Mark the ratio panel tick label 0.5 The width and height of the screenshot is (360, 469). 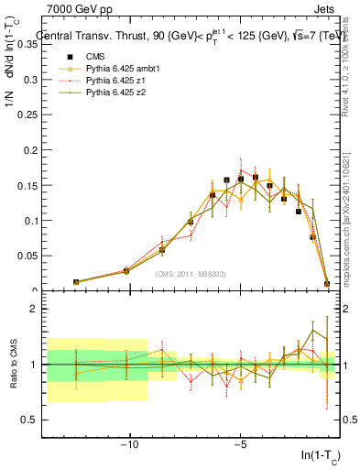27,420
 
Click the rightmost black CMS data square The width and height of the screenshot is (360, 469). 327,284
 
